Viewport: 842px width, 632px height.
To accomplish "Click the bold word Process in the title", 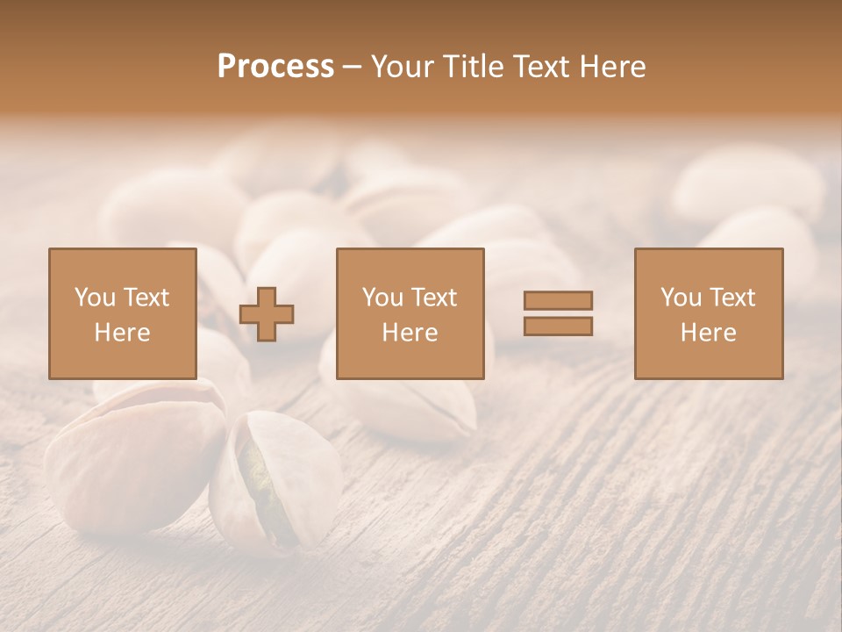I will [x=275, y=67].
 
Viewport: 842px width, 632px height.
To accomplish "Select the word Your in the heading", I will [x=403, y=67].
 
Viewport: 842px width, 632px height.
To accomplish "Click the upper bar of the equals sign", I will [x=558, y=300].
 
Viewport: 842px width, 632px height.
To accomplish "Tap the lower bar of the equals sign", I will [x=558, y=326].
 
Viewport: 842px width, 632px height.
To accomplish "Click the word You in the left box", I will [x=95, y=297].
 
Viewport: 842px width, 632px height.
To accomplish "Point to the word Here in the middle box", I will [x=410, y=332].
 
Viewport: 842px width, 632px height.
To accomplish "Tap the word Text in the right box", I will [x=731, y=297].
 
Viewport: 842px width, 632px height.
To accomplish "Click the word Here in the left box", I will [x=122, y=332].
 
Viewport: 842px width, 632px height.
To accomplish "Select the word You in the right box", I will [x=681, y=297].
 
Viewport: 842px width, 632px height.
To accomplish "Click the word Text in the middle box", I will [x=433, y=297].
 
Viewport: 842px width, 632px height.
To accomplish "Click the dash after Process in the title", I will [x=352, y=67].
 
